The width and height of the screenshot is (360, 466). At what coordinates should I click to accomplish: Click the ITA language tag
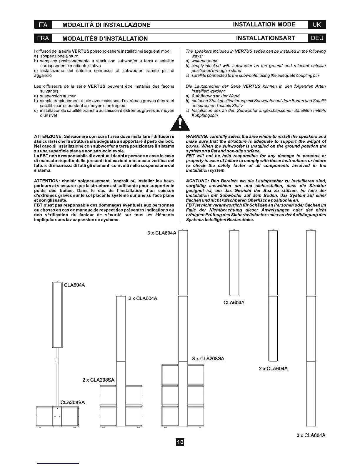pyautogui.click(x=43, y=25)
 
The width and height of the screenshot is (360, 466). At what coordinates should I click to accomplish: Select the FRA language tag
pyautogui.click(x=43, y=38)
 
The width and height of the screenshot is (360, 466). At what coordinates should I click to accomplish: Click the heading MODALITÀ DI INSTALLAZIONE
pyautogui.click(x=106, y=25)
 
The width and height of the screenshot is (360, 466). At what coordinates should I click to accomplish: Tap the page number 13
pyautogui.click(x=180, y=442)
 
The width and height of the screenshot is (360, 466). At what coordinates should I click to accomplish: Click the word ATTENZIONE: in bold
pyautogui.click(x=48, y=137)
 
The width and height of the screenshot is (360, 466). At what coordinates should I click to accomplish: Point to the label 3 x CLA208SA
pyautogui.click(x=208, y=359)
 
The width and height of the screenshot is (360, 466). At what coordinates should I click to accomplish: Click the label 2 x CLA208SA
pyautogui.click(x=98, y=380)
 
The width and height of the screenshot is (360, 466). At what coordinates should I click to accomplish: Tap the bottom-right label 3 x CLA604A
pyautogui.click(x=311, y=435)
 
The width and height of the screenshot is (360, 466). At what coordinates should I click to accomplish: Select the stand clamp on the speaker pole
pyautogui.click(x=57, y=361)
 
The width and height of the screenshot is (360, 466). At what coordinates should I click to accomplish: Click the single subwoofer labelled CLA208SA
pyautogui.click(x=57, y=416)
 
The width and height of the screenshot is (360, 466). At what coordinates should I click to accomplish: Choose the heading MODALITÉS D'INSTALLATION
pyautogui.click(x=105, y=39)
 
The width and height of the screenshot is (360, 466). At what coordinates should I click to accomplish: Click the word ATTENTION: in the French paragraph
pyautogui.click(x=47, y=181)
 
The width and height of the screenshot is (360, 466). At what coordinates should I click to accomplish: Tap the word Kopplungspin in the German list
pyautogui.click(x=205, y=115)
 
